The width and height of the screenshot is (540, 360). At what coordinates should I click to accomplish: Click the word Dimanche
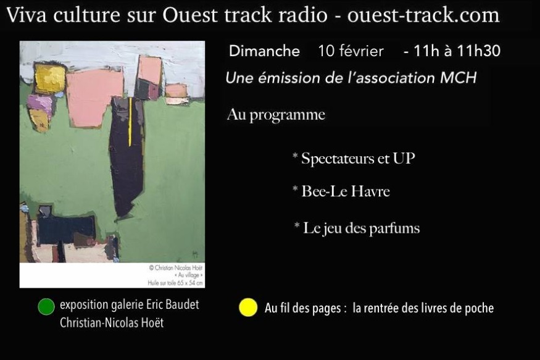point(264,51)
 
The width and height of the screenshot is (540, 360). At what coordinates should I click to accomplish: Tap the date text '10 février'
point(351,51)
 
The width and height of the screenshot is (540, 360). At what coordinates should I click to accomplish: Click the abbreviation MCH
point(458,78)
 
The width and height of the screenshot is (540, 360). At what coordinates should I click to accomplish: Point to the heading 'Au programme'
point(276,115)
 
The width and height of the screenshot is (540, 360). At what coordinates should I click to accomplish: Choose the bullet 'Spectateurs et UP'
point(354,159)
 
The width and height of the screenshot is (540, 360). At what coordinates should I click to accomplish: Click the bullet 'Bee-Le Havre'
point(341,191)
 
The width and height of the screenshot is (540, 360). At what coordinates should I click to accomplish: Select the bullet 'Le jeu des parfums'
point(357,228)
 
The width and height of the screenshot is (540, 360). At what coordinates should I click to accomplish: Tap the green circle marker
point(46,307)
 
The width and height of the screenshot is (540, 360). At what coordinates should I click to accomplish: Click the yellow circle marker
point(248,308)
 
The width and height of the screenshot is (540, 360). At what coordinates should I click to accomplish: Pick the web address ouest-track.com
point(423,15)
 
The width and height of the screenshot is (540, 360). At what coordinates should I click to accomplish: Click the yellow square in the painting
point(50,79)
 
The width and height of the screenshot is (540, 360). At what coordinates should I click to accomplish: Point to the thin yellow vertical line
point(130,122)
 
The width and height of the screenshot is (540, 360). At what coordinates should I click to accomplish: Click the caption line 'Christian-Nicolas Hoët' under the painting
point(112,323)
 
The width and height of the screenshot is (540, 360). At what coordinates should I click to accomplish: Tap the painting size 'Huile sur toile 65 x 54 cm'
point(175,283)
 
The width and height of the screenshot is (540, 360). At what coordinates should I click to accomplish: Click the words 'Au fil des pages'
point(303,308)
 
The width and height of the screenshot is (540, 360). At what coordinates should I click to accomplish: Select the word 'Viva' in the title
point(27,15)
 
